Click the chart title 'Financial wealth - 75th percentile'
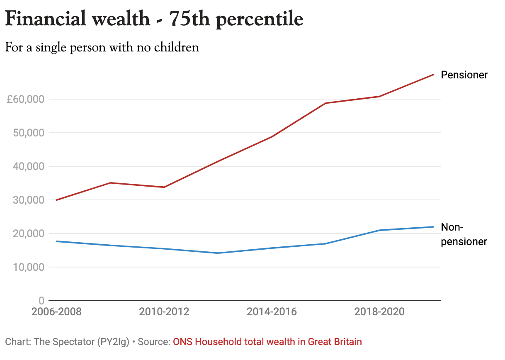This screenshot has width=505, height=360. [x=154, y=19]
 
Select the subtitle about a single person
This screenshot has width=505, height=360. [x=102, y=47]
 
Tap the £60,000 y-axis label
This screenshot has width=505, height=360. [x=25, y=99]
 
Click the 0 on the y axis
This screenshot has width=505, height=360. [x=41, y=300]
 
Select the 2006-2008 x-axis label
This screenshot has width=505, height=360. [x=57, y=311]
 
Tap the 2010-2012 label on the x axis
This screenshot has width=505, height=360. [x=164, y=311]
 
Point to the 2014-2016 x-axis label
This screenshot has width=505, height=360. [x=272, y=311]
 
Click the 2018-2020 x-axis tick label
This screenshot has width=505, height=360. [x=379, y=311]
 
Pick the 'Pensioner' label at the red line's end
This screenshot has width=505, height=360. [x=464, y=75]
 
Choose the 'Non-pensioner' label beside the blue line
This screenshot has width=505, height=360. [x=464, y=234]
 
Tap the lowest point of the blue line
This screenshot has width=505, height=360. [x=218, y=253]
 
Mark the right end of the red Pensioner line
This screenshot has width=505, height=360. [x=433, y=75]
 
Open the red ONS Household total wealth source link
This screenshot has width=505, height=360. [x=267, y=342]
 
